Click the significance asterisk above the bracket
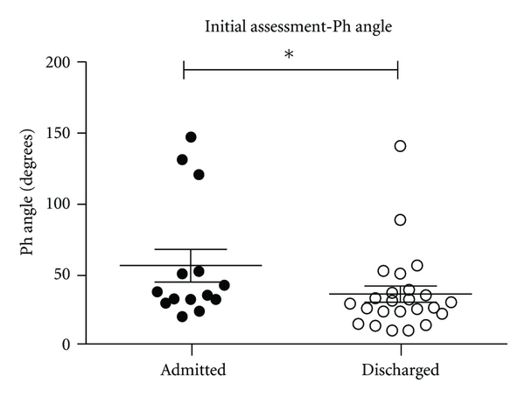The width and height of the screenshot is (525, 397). coord(290,55)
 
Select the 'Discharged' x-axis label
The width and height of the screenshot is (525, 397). coord(400,370)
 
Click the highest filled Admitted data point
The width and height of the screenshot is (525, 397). coord(191,137)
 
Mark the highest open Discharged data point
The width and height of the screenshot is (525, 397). coord(400,146)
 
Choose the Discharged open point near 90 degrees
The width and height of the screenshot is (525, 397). coord(400,219)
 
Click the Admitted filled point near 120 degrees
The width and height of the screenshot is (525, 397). coord(199,175)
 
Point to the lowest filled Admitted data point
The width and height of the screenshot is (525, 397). coord(182,317)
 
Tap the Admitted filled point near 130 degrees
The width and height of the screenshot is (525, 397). coord(182,160)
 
